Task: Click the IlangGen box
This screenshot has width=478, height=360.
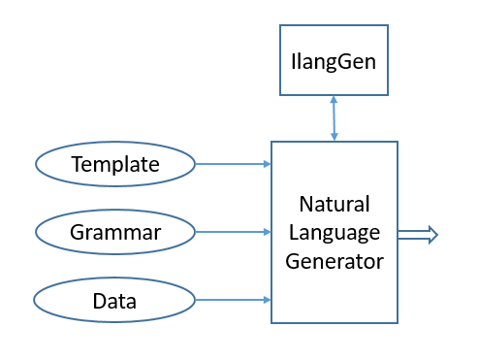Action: click(334, 61)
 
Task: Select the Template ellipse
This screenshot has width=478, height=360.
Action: click(115, 165)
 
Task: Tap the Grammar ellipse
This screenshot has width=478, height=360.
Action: click(115, 233)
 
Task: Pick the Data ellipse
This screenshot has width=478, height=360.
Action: click(115, 301)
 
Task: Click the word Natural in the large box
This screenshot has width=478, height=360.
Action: click(334, 206)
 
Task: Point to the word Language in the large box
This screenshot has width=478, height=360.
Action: click(334, 233)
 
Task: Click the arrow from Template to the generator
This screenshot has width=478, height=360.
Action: click(233, 164)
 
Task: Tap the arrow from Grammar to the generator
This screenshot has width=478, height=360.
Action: click(233, 232)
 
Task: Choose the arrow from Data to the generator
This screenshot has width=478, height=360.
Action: click(233, 300)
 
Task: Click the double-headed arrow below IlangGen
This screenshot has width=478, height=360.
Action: click(334, 118)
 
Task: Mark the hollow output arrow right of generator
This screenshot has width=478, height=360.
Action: click(417, 233)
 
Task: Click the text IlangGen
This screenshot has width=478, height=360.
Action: click(334, 61)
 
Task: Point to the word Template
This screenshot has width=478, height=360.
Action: click(115, 165)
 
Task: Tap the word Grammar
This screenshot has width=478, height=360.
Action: click(115, 233)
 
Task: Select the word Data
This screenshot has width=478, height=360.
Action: click(114, 301)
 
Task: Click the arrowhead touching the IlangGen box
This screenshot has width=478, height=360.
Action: click(334, 99)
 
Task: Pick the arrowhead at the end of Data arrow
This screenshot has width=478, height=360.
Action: click(267, 300)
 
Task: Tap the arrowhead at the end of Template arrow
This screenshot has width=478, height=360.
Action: click(267, 164)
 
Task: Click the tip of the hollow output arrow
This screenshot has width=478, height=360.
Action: click(436, 233)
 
